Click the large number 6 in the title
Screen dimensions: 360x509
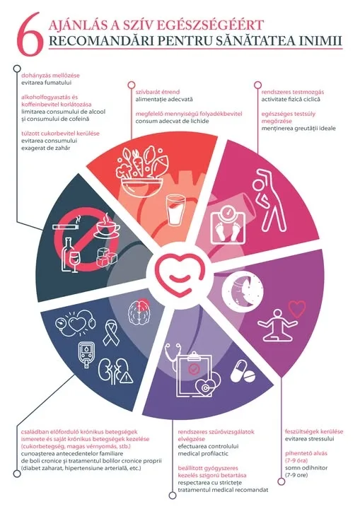(x=30, y=34)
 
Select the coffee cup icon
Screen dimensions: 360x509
(x=107, y=226)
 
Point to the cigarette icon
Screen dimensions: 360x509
(x=66, y=225)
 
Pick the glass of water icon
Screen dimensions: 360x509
(x=174, y=211)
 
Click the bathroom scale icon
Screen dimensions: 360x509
(x=228, y=224)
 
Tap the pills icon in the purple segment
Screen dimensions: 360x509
(x=243, y=371)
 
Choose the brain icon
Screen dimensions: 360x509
(x=139, y=310)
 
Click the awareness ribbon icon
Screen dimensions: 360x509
(x=111, y=332)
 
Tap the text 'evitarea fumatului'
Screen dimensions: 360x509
(x=47, y=83)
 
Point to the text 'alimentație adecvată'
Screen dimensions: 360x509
(x=164, y=100)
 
